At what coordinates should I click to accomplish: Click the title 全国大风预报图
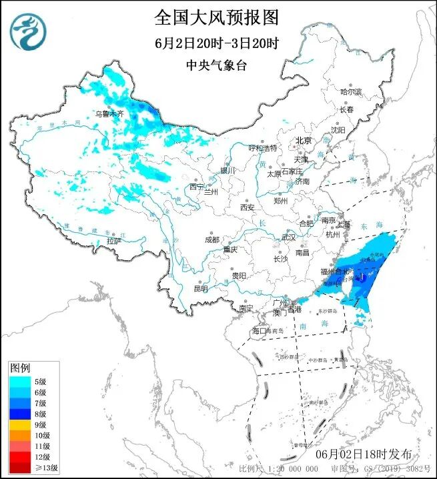[216, 17]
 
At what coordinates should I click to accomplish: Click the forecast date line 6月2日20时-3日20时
[216, 43]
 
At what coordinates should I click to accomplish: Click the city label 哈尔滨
[350, 91]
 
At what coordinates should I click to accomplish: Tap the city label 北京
[304, 140]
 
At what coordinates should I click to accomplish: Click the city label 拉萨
[114, 240]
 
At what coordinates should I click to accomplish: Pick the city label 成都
[212, 239]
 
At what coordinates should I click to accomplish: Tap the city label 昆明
[200, 288]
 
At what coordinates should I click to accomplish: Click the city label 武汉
[288, 237]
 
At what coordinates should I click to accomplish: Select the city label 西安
[247, 207]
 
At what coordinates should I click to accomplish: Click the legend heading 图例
[20, 368]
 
